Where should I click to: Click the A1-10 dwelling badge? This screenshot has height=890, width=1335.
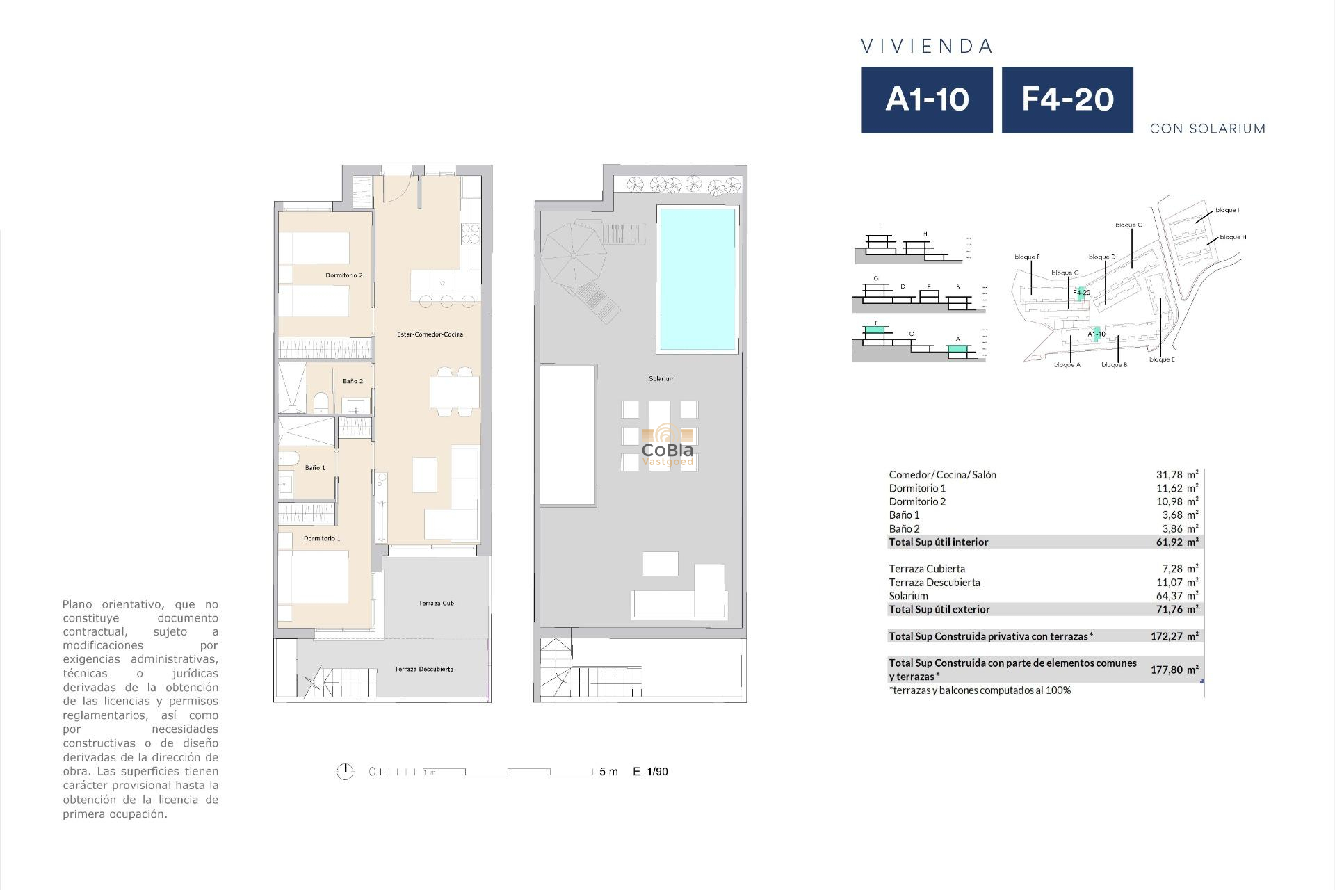[927, 99]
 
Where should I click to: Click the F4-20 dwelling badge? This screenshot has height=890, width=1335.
[1067, 99]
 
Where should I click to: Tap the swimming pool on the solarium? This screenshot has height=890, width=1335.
[697, 278]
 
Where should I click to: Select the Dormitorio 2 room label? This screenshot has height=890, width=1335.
[344, 275]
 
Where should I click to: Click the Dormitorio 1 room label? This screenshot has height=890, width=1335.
[322, 538]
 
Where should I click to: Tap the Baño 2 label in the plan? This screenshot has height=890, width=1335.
[353, 381]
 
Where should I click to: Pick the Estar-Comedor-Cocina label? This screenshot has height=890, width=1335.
[430, 334]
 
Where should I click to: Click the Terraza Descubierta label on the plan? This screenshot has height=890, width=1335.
[423, 669]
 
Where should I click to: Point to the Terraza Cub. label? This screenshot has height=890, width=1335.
[437, 603]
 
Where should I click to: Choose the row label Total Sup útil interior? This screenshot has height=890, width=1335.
[938, 542]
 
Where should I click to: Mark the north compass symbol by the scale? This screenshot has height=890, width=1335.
[345, 771]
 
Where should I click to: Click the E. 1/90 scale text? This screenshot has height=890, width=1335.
[650, 771]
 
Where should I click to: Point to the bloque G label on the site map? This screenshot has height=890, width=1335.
[1128, 225]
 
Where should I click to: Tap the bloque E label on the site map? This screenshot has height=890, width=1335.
[1162, 359]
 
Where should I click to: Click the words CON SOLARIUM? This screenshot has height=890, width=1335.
[1207, 129]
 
